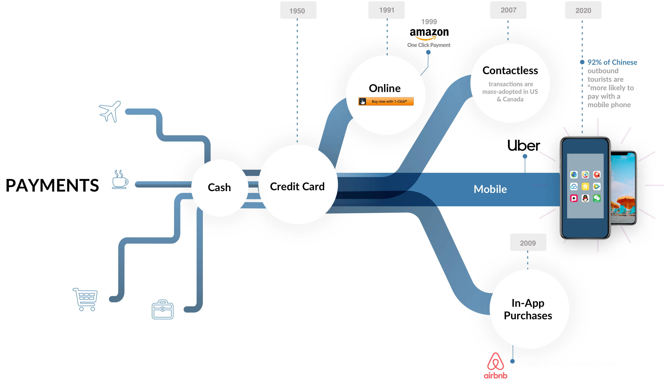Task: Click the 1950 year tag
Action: [298, 10]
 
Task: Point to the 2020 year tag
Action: [583, 10]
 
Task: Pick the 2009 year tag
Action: [528, 242]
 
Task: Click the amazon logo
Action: [429, 34]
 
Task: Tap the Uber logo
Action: [524, 145]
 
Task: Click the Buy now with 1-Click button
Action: [386, 101]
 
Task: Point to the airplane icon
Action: [110, 111]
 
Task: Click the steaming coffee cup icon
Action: [120, 179]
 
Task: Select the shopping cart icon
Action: [85, 299]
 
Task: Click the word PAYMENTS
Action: [52, 185]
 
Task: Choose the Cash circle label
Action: [219, 187]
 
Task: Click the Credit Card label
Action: [297, 187]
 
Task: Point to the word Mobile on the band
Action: [490, 189]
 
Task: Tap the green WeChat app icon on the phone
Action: [597, 198]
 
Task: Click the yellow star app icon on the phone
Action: [585, 186]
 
